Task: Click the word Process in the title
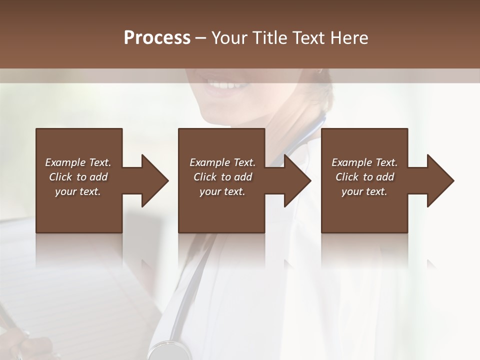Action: coord(157,38)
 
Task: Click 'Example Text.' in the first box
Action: coord(78,162)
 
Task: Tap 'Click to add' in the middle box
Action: coord(222,177)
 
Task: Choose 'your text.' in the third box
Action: coord(364,191)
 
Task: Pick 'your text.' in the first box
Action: coord(78,191)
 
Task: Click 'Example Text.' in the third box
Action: coord(364,162)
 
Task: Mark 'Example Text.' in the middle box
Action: coord(222,162)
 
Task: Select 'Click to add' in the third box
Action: coord(364,177)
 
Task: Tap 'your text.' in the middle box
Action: coord(222,191)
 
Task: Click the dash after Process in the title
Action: coord(201,38)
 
